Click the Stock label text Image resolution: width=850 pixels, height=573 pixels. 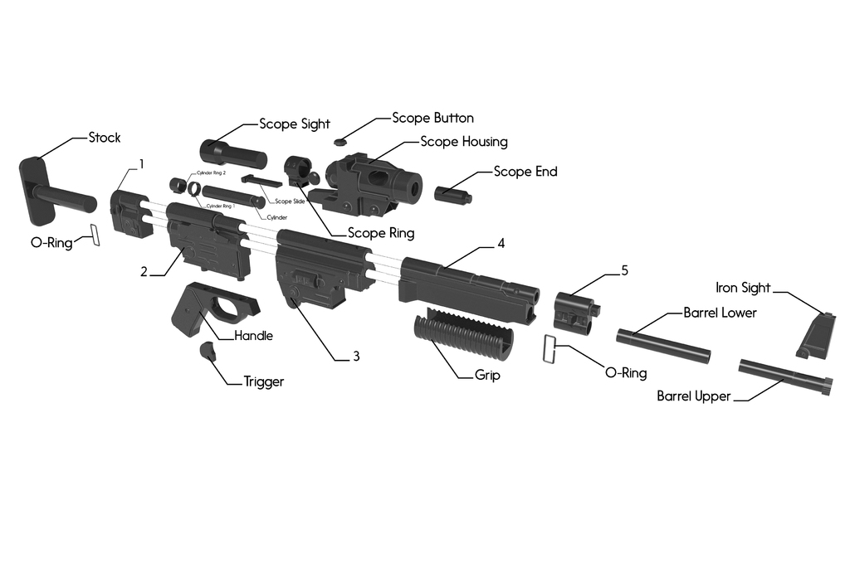point(105,138)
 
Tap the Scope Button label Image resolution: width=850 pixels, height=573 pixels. point(432,119)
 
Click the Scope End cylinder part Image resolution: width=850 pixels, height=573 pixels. point(452,193)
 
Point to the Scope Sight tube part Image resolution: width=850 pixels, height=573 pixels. point(233,154)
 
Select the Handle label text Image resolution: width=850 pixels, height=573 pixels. point(253,336)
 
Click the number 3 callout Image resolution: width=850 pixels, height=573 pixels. point(356,357)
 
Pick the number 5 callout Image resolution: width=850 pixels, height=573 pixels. point(625,271)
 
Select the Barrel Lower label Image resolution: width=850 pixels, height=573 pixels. point(720,313)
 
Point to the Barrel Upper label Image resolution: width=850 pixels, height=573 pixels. point(693,396)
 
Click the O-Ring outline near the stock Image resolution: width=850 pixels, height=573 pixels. point(95,235)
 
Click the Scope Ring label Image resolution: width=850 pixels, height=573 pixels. point(380,233)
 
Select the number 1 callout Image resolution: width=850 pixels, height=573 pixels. point(141,164)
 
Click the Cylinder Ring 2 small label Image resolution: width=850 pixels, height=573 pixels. point(211,172)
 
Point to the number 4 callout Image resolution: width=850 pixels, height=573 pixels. point(501,244)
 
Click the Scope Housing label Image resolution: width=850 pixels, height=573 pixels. point(463,142)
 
